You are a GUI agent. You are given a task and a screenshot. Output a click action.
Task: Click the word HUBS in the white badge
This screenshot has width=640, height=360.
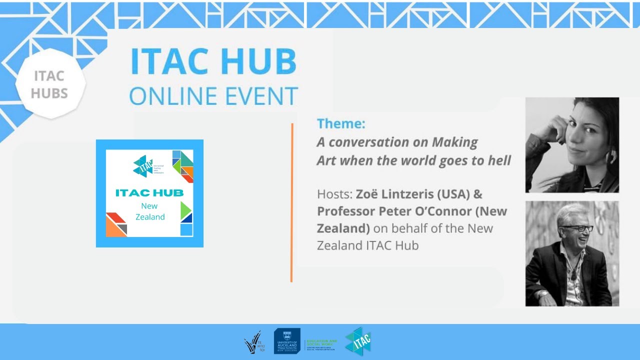click(x=49, y=93)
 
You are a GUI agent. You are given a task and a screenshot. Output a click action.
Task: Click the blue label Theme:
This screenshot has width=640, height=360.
click(x=341, y=123)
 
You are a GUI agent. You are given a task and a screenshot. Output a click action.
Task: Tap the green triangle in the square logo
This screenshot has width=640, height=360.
click(x=185, y=208)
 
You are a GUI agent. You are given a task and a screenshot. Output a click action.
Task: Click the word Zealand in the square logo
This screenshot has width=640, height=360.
click(x=150, y=217)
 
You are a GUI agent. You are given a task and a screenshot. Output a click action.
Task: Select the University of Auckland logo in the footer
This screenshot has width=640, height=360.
click(x=287, y=341)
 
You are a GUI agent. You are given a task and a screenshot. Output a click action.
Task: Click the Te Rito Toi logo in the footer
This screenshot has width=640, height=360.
click(x=255, y=342)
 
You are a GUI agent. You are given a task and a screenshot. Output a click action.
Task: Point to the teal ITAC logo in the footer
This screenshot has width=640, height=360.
click(x=358, y=341)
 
